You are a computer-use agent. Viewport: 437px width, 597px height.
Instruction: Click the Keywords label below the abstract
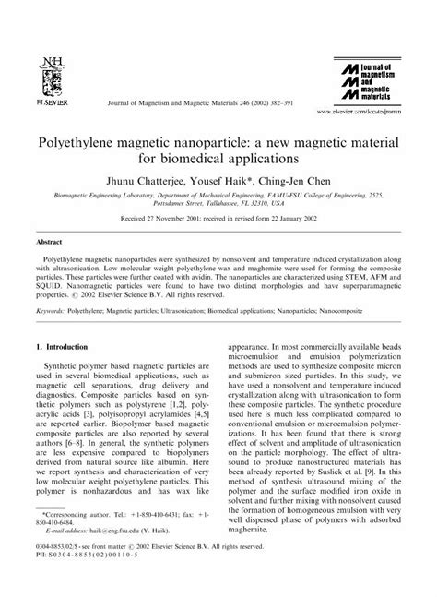click(x=52, y=313)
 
